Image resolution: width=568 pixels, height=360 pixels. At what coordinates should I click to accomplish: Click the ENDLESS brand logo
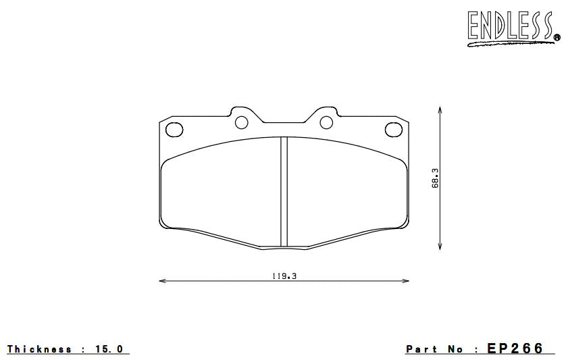(511, 28)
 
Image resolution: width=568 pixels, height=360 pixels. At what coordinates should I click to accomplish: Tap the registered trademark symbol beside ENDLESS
(556, 37)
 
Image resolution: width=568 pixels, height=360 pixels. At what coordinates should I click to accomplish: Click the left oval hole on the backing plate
(174, 130)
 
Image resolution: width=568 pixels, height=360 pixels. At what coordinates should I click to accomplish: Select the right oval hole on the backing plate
(393, 130)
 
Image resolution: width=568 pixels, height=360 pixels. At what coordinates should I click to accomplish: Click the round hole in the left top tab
(242, 122)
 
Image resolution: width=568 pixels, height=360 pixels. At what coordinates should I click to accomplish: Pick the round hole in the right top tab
(326, 122)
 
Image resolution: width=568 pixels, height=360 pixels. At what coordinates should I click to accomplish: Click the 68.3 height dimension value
(436, 179)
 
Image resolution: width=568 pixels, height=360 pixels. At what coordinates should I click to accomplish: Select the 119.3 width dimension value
(284, 276)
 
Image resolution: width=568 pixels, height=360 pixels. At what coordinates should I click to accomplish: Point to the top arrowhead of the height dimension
(440, 109)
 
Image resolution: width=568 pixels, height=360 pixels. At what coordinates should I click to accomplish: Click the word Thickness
(39, 349)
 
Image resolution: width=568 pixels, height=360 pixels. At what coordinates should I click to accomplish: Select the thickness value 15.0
(110, 349)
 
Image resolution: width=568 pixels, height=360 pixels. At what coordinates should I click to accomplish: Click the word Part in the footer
(421, 349)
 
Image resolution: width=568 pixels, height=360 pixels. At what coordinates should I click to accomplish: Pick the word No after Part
(455, 349)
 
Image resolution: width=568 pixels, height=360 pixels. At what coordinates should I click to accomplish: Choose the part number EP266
(515, 349)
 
